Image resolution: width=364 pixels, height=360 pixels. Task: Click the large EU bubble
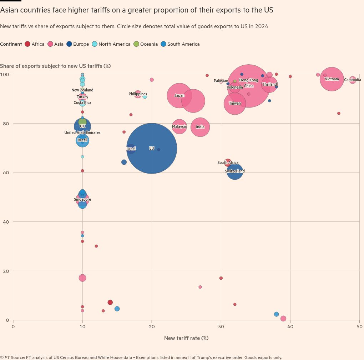click(x=152, y=148)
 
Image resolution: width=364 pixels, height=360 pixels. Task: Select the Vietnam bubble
click(x=332, y=79)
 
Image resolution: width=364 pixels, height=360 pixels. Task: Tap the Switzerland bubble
click(x=235, y=171)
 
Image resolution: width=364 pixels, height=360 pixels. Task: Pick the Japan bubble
click(x=179, y=95)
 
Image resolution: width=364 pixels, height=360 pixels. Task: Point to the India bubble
click(x=200, y=127)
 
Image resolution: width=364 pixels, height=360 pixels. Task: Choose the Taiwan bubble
click(x=235, y=103)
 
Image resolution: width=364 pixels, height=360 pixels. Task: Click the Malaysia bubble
click(x=179, y=126)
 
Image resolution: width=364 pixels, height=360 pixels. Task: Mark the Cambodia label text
click(x=353, y=80)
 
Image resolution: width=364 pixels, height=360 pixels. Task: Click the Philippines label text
click(x=138, y=94)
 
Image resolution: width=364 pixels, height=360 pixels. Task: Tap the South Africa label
click(x=228, y=163)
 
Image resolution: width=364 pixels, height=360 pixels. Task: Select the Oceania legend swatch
click(x=136, y=44)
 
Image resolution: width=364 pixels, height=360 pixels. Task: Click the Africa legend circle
click(x=27, y=44)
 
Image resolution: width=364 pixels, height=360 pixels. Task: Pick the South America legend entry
click(x=183, y=44)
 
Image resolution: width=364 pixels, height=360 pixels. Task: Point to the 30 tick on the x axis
click(x=221, y=326)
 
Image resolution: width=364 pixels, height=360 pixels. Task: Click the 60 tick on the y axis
click(x=6, y=173)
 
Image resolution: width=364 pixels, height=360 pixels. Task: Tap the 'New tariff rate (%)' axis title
click(x=186, y=338)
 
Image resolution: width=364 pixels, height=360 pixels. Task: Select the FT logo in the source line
click(x=7, y=357)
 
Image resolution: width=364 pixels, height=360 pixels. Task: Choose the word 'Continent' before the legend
click(x=11, y=44)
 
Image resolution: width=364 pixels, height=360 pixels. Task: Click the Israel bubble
click(x=131, y=149)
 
